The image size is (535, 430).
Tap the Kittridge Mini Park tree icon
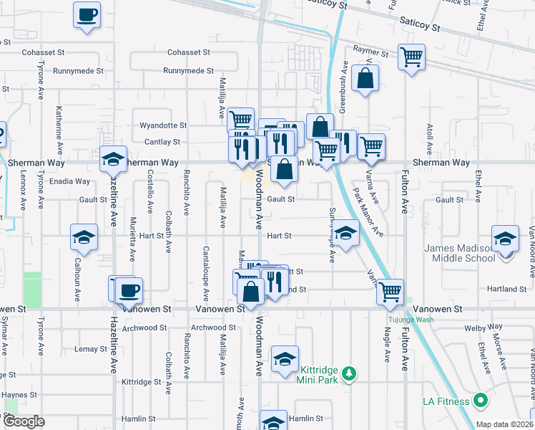click(349, 373)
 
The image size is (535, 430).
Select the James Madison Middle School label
click(458, 254)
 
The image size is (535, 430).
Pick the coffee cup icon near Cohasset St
click(87, 15)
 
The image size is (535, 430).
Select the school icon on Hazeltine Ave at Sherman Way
click(113, 160)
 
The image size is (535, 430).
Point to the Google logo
click(24, 421)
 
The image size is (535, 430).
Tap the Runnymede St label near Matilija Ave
click(188, 71)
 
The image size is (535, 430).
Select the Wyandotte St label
click(162, 125)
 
